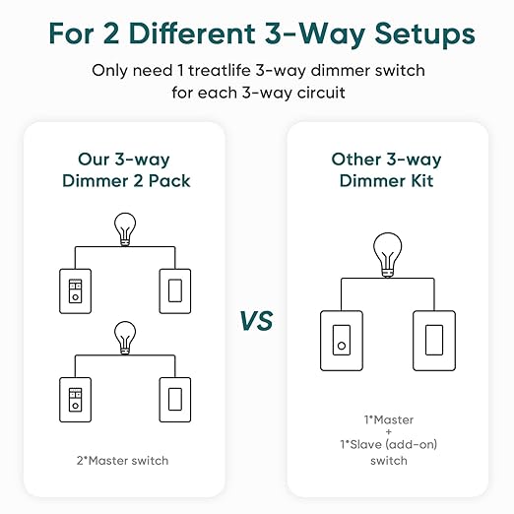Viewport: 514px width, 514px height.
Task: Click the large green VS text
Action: [256, 321]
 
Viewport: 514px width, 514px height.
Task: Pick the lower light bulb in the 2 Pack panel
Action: [125, 337]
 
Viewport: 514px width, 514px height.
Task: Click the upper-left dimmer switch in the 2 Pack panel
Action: [74, 289]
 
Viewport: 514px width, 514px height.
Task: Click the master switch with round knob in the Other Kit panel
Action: [340, 342]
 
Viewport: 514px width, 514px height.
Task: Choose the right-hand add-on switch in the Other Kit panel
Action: [434, 342]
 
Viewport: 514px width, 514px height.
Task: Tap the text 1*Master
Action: [387, 419]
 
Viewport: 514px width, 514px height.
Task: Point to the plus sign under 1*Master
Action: [387, 432]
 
